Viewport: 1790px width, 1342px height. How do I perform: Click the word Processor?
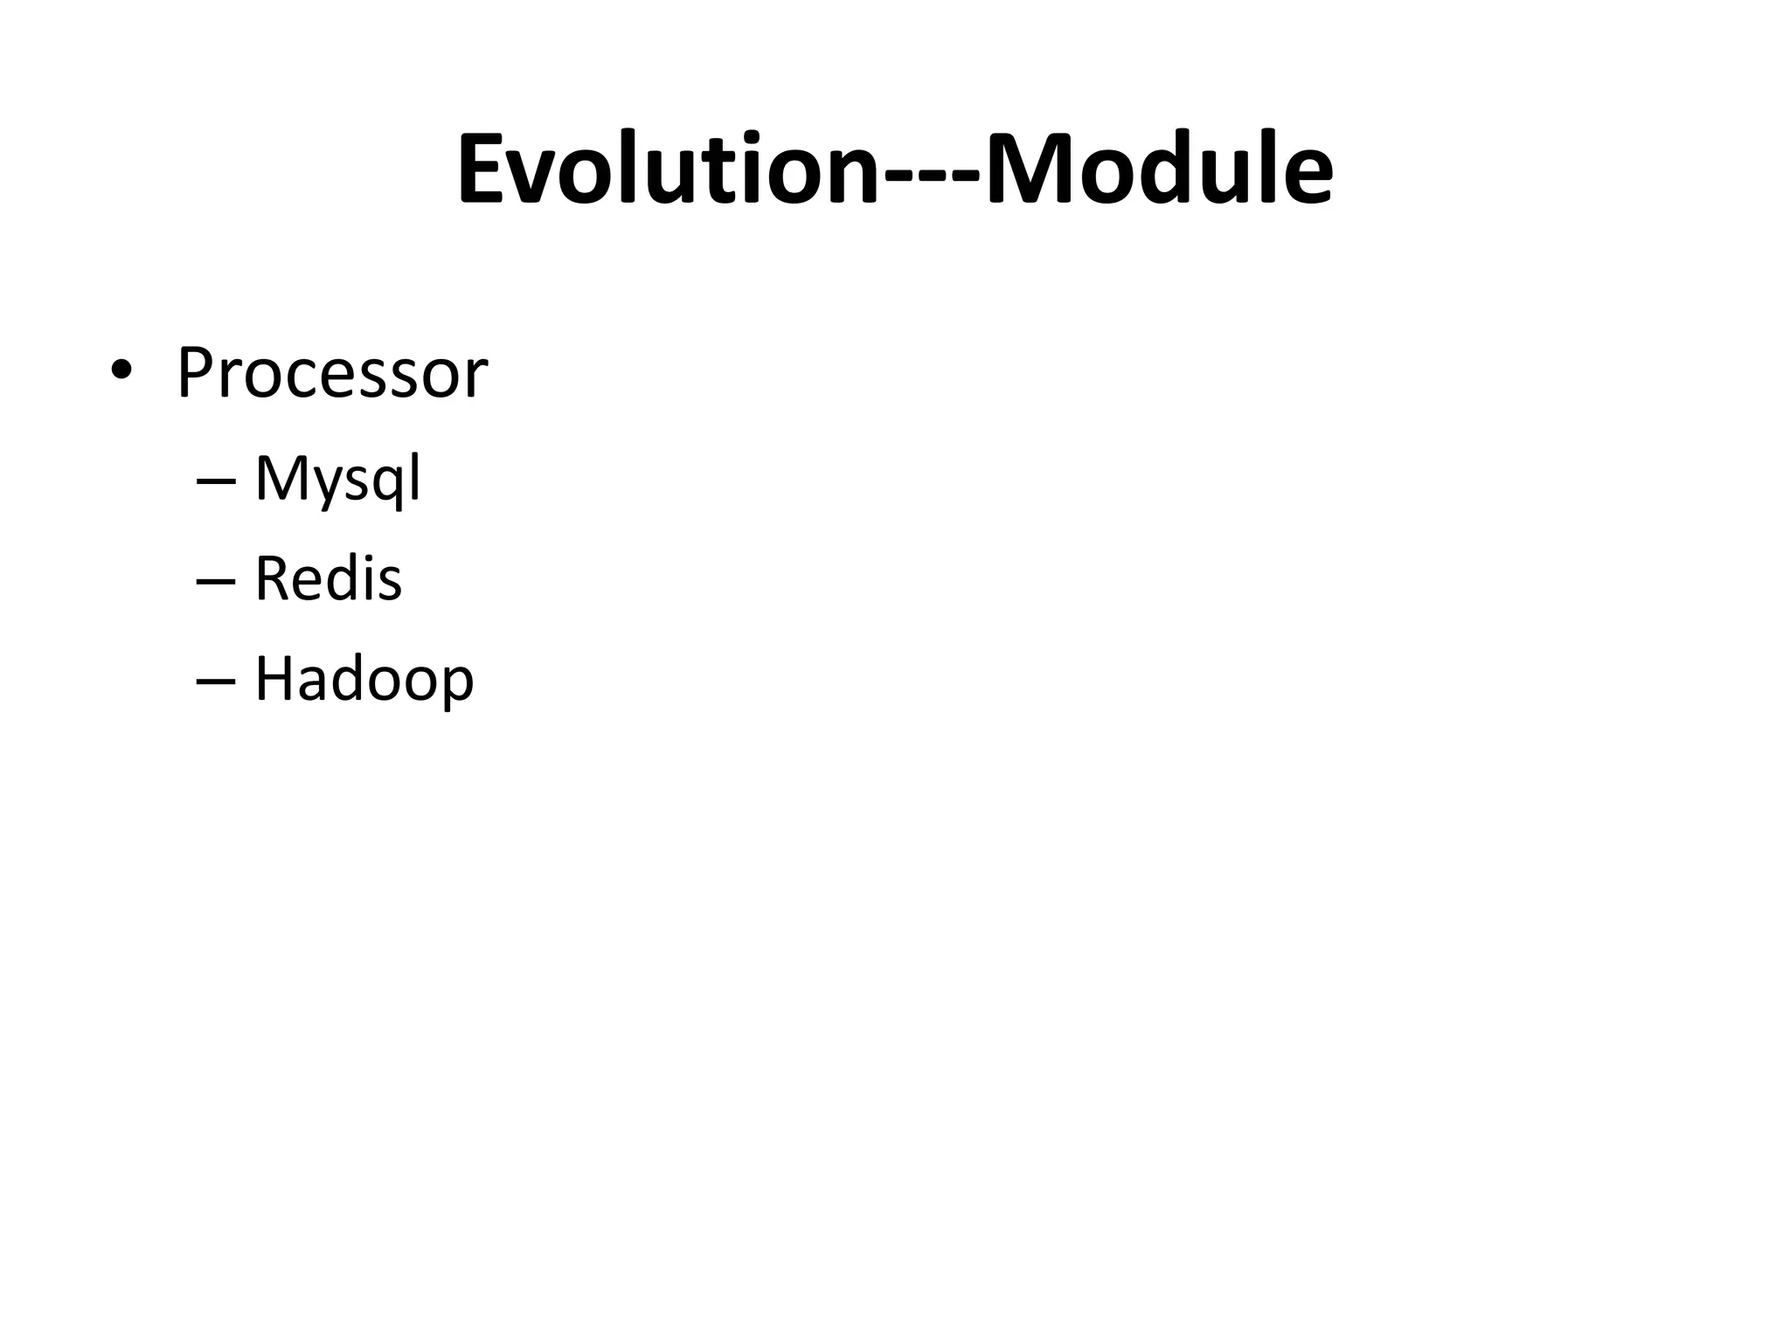[x=332, y=374]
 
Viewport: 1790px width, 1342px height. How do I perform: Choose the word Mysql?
[x=337, y=480]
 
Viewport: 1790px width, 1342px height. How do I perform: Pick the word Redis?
[x=328, y=578]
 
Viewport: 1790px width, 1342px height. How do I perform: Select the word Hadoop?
[x=364, y=679]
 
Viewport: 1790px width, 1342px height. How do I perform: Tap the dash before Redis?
[x=217, y=581]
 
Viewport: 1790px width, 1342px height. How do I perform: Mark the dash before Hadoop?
[x=217, y=681]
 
